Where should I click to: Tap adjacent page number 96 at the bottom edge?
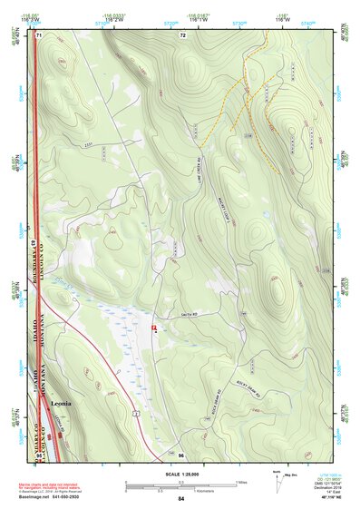[x=181, y=455]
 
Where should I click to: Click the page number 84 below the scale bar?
[x=181, y=499]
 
